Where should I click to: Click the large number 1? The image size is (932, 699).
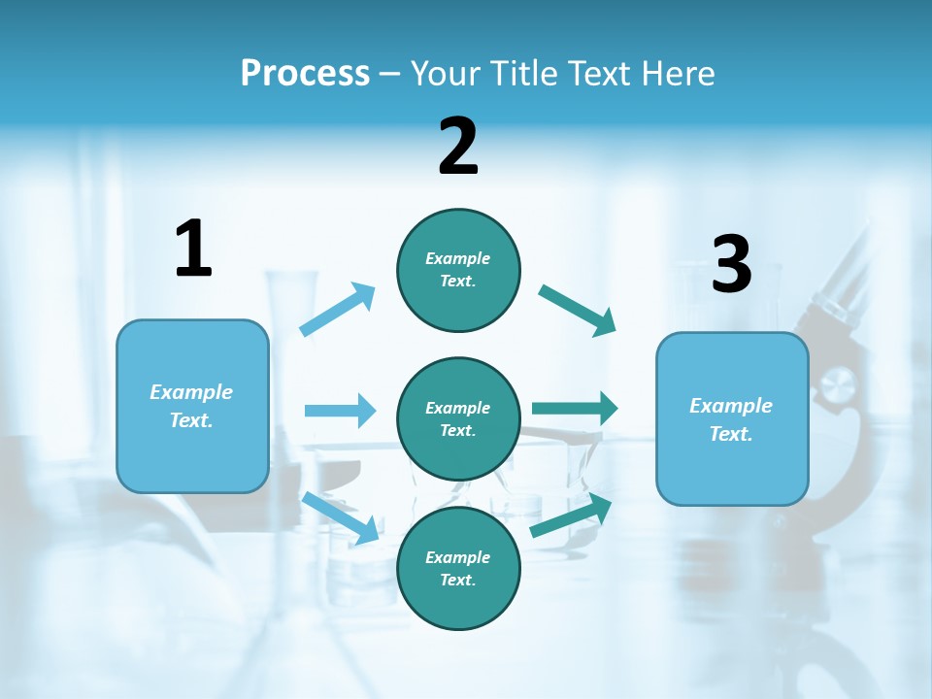point(193,249)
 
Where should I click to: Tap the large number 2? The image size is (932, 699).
point(458,147)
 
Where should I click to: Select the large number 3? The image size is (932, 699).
point(731,265)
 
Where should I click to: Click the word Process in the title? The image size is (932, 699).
point(305,74)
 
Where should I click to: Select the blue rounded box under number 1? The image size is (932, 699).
point(192,406)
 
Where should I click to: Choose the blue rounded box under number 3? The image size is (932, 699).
point(732,418)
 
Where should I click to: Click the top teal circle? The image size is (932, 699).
point(458,270)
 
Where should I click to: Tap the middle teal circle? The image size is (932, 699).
point(458,418)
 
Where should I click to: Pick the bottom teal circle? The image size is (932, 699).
point(458,568)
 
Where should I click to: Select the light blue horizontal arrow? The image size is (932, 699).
point(340,411)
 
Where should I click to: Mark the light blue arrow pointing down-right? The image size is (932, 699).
point(340,517)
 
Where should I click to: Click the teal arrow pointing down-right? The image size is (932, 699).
point(577,310)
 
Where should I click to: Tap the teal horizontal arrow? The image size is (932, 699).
point(575,409)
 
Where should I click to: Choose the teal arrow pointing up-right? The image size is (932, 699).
point(571,516)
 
